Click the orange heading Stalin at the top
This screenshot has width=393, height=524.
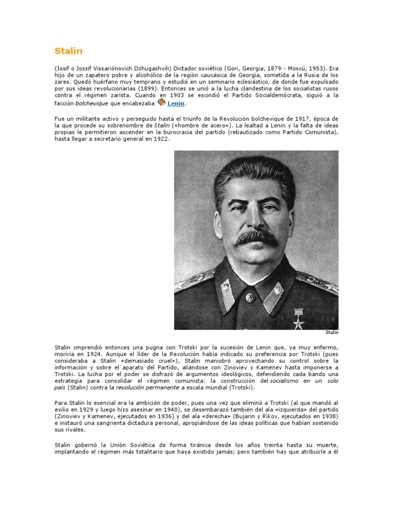[x=68, y=51]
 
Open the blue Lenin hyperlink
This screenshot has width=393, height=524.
[x=176, y=103]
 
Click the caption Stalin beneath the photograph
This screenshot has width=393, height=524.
[x=332, y=332]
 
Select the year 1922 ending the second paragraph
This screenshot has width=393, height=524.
[x=160, y=139]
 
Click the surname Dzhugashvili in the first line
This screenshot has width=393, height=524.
[x=151, y=68]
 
